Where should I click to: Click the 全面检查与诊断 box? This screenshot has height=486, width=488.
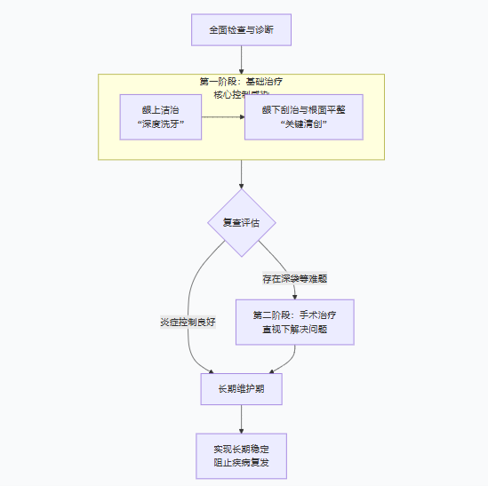[x=241, y=29]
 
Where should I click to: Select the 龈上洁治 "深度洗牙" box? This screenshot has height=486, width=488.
[x=161, y=116]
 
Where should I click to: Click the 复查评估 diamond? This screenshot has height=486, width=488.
[x=241, y=222]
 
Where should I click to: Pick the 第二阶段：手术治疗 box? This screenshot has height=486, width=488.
[x=294, y=322]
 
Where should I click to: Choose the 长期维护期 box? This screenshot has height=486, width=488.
[x=241, y=389]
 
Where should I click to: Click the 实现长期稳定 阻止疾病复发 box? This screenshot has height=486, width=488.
[x=241, y=455]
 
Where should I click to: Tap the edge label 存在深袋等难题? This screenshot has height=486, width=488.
[x=294, y=278]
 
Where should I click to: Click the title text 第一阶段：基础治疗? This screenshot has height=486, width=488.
[x=241, y=82]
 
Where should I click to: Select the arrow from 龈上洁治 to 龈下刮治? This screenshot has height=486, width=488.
[x=223, y=116]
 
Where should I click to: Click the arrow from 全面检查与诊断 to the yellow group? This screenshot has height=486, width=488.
[x=241, y=60]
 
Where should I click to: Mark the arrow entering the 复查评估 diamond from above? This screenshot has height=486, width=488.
[x=241, y=174]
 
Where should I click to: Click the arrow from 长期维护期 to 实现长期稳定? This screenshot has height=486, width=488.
[x=241, y=419]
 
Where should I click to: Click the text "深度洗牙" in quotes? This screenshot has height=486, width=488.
[x=161, y=124]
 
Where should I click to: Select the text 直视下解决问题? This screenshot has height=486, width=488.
[x=294, y=330]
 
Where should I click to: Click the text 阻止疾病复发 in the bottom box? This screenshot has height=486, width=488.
[x=241, y=463]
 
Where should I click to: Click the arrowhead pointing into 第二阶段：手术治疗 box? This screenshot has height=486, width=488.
[x=294, y=295]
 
